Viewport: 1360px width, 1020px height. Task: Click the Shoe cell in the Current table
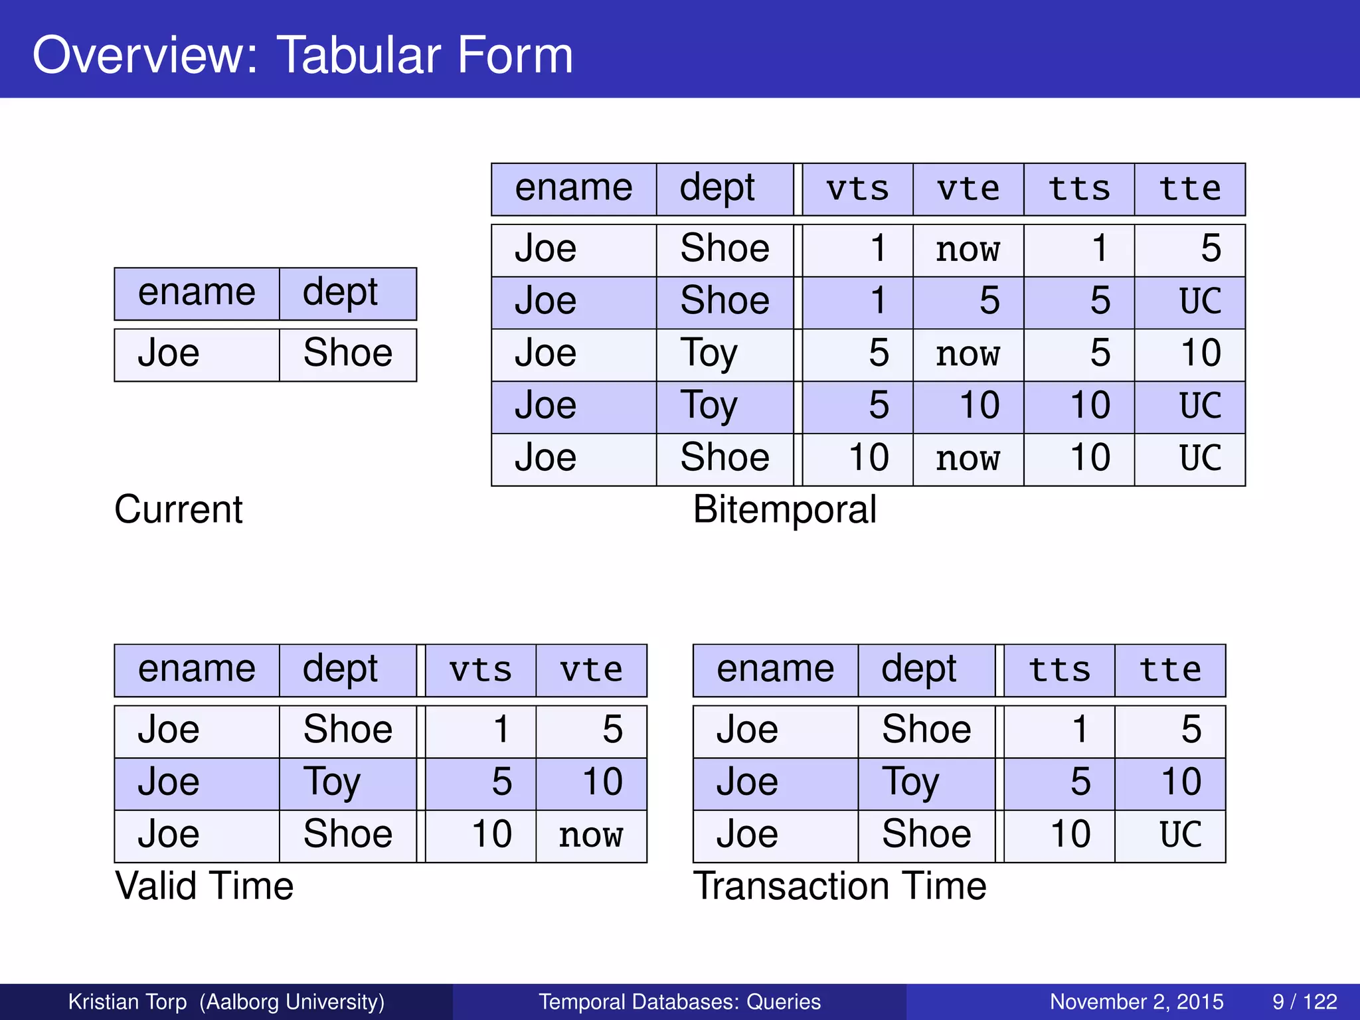347,353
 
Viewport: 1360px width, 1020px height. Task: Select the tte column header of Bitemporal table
1189,189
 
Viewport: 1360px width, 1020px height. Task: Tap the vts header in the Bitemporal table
857,189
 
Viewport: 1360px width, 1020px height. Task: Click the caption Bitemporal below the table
784,510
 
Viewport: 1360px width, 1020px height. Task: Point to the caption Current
178,510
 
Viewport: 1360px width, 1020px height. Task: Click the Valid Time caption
204,887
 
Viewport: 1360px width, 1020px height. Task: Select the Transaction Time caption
839,887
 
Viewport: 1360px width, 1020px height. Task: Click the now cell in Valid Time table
590,836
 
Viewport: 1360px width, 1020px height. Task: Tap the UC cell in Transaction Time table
1180,835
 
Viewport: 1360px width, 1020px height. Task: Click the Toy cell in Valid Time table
331,783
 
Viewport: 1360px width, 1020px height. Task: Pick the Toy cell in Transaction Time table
910,783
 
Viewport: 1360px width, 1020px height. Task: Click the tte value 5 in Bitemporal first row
1210,249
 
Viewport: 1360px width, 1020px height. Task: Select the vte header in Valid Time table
591,670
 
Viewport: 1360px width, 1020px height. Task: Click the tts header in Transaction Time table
1059,670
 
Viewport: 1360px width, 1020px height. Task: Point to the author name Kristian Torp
127,1001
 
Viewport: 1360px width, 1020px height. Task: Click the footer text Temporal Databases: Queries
679,1001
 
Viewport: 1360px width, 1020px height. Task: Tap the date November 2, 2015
1136,1001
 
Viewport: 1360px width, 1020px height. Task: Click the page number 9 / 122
1304,1001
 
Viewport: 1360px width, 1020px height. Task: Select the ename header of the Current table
197,294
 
